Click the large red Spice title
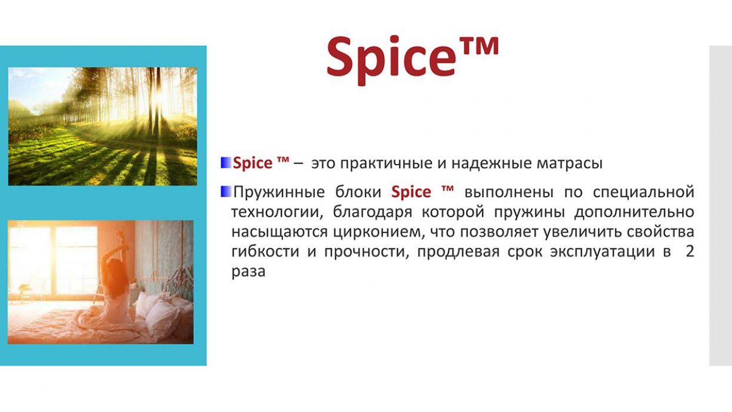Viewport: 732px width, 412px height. pyautogui.click(x=412, y=60)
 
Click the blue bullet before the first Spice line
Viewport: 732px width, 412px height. pyautogui.click(x=226, y=163)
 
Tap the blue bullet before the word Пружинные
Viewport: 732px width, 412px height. pyautogui.click(x=226, y=192)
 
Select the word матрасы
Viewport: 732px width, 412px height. pyautogui.click(x=570, y=163)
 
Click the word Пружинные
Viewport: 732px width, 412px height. pyautogui.click(x=279, y=192)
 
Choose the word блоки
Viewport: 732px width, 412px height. pyautogui.click(x=358, y=192)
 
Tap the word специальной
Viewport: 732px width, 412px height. pyautogui.click(x=643, y=192)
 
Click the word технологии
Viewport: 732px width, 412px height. pyautogui.click(x=277, y=212)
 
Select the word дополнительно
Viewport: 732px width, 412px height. pyautogui.click(x=634, y=212)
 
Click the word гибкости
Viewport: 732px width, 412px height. pyautogui.click(x=265, y=252)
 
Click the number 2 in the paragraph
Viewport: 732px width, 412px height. pyautogui.click(x=690, y=252)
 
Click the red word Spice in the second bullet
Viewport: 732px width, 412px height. pyautogui.click(x=411, y=192)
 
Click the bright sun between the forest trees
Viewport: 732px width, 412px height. pyautogui.click(x=159, y=97)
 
